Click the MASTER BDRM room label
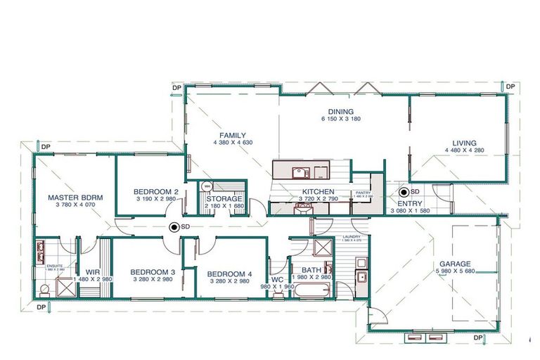(75, 198)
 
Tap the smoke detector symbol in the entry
(404, 192)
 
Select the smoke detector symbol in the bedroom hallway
(174, 227)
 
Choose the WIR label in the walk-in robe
(92, 272)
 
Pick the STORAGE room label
(224, 199)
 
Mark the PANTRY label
(364, 192)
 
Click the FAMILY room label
(232, 134)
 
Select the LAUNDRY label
(351, 236)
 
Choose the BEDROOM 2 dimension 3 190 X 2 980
(155, 200)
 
